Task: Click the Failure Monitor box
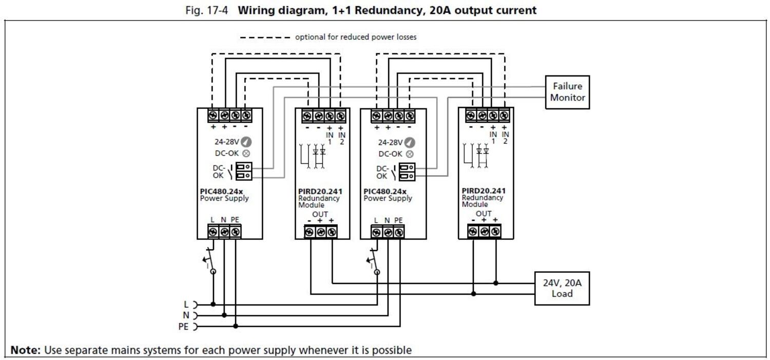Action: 567,92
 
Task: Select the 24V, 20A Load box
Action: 562,288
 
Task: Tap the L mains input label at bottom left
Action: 186,304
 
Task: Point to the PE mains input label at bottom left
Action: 183,326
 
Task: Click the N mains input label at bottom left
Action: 186,315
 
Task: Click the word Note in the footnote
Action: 25,350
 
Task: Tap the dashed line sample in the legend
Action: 265,37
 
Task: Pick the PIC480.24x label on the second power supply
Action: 384,192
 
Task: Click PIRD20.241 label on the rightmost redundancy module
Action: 483,191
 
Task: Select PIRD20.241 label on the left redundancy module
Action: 320,192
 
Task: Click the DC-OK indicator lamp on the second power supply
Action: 410,154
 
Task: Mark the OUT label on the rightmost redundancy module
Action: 483,214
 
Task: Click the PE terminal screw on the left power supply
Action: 235,232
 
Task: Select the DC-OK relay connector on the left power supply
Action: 244,171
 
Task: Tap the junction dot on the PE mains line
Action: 236,326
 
